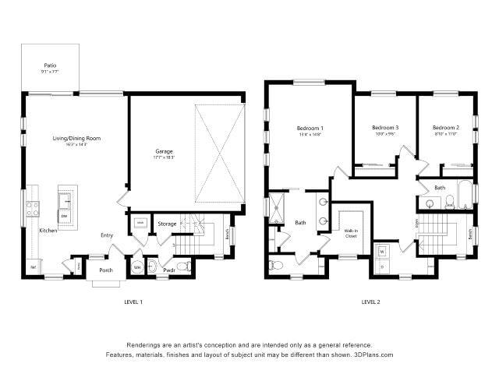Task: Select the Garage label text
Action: click(164, 150)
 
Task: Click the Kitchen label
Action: click(49, 231)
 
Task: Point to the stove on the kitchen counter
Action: click(34, 208)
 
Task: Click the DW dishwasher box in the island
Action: click(65, 215)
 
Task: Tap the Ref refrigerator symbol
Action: click(33, 267)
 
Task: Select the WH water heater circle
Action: click(137, 267)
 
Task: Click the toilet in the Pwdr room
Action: click(182, 267)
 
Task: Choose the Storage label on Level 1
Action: click(167, 224)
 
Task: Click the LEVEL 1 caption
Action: click(133, 302)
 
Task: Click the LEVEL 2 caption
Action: click(370, 302)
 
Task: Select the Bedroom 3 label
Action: click(385, 128)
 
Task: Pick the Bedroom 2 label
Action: click(446, 128)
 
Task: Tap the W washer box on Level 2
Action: click(383, 251)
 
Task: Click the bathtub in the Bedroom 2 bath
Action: click(466, 194)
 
